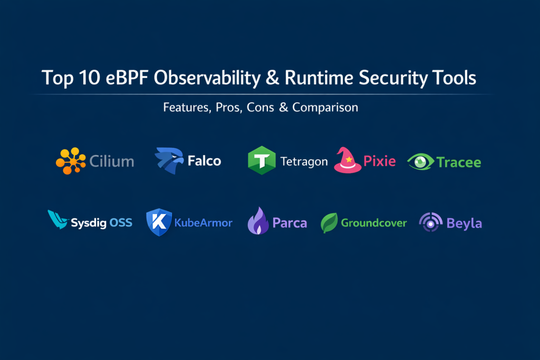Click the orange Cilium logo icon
tap(71, 161)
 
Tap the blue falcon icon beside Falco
tap(169, 160)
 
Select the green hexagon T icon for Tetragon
tap(262, 160)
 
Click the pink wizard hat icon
tap(348, 160)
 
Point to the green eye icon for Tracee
tap(420, 161)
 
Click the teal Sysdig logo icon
tap(57, 219)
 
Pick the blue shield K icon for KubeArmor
tap(159, 222)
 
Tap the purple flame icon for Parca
tap(258, 221)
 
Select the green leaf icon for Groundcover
tap(329, 222)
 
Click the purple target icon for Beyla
tap(430, 222)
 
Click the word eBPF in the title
tap(127, 77)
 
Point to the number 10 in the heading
tap(89, 77)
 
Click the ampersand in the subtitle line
tap(283, 108)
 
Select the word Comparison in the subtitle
tap(325, 108)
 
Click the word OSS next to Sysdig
tap(121, 222)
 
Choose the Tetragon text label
tap(304, 161)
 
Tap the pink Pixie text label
tap(380, 161)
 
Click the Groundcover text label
tap(374, 222)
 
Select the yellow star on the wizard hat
tap(349, 159)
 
